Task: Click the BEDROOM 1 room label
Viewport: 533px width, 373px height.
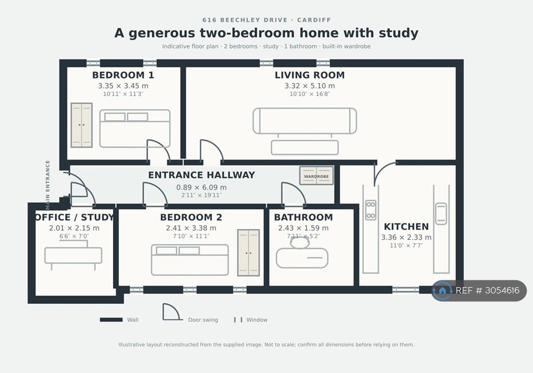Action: (123, 75)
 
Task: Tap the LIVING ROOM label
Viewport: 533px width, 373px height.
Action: (310, 75)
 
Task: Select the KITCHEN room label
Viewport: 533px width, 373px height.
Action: (406, 227)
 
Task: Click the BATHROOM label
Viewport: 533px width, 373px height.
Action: (303, 217)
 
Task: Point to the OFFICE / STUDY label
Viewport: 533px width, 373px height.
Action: (74, 217)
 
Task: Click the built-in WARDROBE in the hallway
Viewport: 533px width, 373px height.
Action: (316, 176)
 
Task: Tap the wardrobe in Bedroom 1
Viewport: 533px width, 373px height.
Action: (82, 125)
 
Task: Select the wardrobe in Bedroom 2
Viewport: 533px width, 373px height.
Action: (248, 253)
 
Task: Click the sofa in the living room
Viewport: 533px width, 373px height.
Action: (305, 121)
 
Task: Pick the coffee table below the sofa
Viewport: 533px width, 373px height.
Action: (305, 147)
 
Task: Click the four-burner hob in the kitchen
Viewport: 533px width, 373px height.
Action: (371, 210)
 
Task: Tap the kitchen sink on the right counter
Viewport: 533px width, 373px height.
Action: (441, 214)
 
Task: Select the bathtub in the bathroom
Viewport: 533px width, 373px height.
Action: (302, 258)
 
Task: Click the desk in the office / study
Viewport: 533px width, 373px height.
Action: (73, 255)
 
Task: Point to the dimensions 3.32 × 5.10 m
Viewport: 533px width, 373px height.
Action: (310, 86)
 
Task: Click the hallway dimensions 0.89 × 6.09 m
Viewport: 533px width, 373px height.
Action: (201, 187)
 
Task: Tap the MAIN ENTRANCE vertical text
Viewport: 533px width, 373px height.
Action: (47, 185)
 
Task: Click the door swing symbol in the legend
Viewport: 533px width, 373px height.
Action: (171, 312)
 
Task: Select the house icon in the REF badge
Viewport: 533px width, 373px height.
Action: (442, 290)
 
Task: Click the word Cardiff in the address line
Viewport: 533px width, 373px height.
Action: (314, 20)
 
